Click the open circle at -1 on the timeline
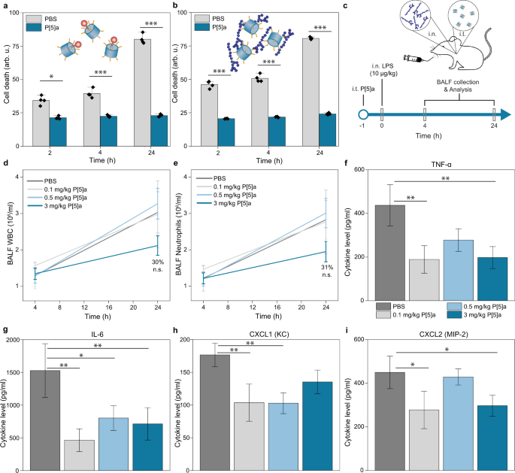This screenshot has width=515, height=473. coord(363,114)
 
